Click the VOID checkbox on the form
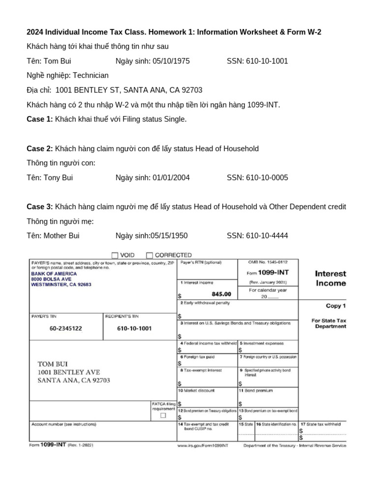pyautogui.click(x=115, y=255)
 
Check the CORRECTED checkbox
pyautogui.click(x=150, y=255)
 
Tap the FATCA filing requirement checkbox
pyautogui.click(x=163, y=415)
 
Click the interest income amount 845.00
pyautogui.click(x=221, y=294)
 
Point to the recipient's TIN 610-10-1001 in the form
pyautogui.click(x=135, y=328)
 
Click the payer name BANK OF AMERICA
pyautogui.click(x=54, y=273)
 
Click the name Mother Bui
pyautogui.click(x=61, y=236)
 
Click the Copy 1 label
pyautogui.click(x=336, y=306)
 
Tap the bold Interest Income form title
pyautogui.click(x=330, y=278)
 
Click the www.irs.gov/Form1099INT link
pyautogui.click(x=203, y=445)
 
